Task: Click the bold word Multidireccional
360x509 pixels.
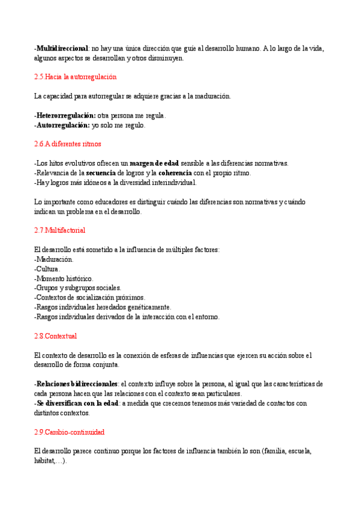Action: point(62,48)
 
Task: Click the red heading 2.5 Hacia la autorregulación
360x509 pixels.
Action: point(75,77)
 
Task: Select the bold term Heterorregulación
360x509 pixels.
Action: point(65,115)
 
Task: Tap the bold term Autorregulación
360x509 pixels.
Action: point(63,125)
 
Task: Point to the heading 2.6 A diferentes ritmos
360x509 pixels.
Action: point(68,144)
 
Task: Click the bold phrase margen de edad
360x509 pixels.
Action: point(154,163)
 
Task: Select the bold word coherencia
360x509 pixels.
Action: point(175,173)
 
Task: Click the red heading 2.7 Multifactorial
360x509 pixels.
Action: point(60,230)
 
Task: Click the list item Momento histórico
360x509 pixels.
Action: point(64,279)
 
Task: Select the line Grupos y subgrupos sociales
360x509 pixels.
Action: point(78,288)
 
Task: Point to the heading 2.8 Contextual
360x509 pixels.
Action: point(56,336)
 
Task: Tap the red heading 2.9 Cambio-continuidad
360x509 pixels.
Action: point(70,432)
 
